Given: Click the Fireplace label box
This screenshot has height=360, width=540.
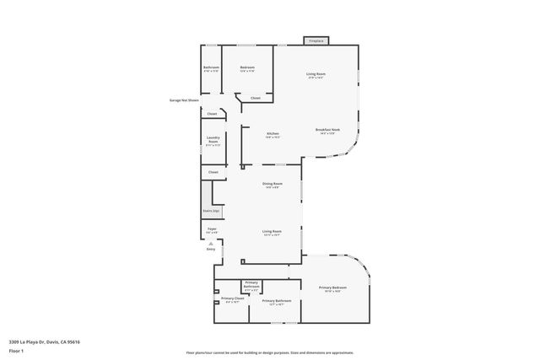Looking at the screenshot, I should [x=316, y=40].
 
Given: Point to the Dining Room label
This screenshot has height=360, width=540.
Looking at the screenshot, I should [x=272, y=185].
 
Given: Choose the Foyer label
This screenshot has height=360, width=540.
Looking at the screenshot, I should [x=213, y=229].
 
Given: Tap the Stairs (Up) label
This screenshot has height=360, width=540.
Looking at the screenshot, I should [x=211, y=211].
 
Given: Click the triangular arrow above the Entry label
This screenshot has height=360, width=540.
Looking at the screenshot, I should [x=211, y=244].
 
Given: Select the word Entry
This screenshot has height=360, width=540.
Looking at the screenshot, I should [x=211, y=250].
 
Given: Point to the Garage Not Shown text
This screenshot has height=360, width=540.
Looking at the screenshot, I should [x=184, y=100].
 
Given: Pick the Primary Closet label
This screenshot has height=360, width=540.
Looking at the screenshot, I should [x=232, y=299].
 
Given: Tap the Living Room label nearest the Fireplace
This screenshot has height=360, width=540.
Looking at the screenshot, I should [x=316, y=75].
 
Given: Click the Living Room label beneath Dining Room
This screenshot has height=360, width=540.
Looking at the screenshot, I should [x=272, y=232].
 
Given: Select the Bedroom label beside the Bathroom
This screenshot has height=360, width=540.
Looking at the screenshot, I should [x=247, y=68].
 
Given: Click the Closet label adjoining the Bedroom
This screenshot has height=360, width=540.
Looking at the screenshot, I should [x=255, y=99].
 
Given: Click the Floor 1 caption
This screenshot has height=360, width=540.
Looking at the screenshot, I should [x=17, y=352].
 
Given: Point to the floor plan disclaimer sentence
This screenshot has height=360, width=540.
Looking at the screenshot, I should [x=270, y=352].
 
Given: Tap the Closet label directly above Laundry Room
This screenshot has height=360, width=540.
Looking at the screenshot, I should [x=212, y=114].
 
